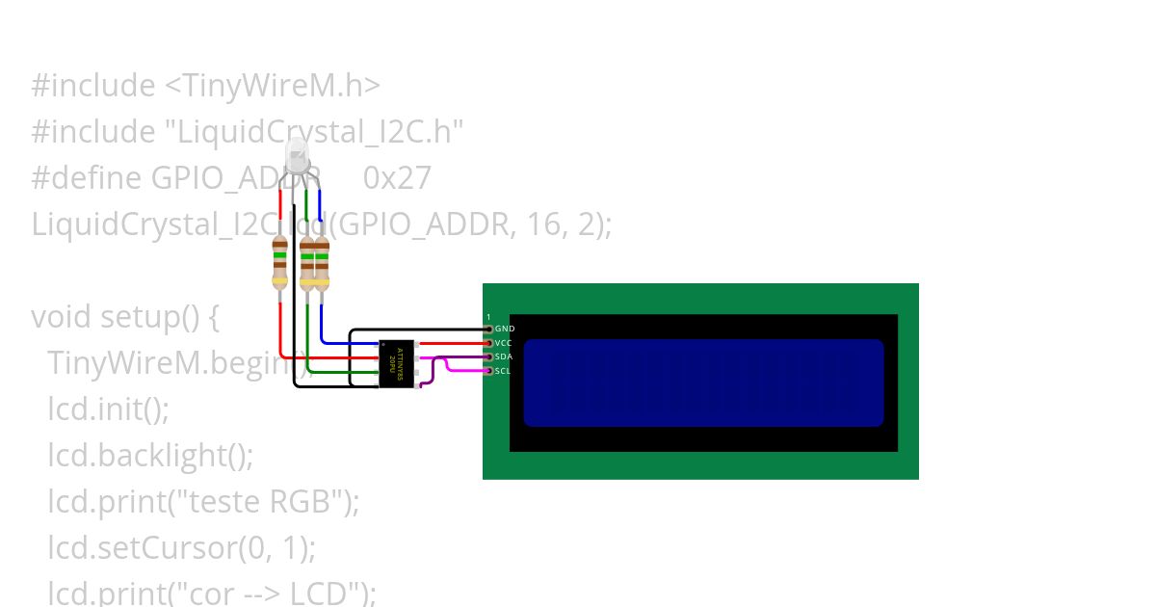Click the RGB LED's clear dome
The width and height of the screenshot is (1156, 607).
pyautogui.click(x=297, y=154)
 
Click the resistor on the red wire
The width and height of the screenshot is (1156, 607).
pyautogui.click(x=279, y=262)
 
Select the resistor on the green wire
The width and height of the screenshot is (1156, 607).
pyautogui.click(x=307, y=263)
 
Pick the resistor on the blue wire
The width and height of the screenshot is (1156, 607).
pyautogui.click(x=322, y=263)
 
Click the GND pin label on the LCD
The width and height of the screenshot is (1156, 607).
pyautogui.click(x=505, y=329)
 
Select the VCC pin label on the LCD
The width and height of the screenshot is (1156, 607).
pyautogui.click(x=504, y=343)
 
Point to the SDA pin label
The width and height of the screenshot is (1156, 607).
pyautogui.click(x=504, y=356)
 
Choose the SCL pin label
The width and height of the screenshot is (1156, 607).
pyautogui.click(x=503, y=371)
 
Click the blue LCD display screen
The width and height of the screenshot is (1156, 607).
pyautogui.click(x=703, y=383)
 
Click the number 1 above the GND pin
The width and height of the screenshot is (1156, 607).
pyautogui.click(x=488, y=317)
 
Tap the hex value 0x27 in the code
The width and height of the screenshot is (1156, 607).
pyautogui.click(x=397, y=178)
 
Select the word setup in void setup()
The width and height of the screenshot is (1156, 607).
pyautogui.click(x=141, y=317)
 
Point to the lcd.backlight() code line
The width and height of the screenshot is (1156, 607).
pyautogui.click(x=150, y=456)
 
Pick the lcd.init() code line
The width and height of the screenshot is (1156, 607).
pyautogui.click(x=108, y=409)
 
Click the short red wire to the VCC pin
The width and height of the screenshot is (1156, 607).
pyautogui.click(x=453, y=343)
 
